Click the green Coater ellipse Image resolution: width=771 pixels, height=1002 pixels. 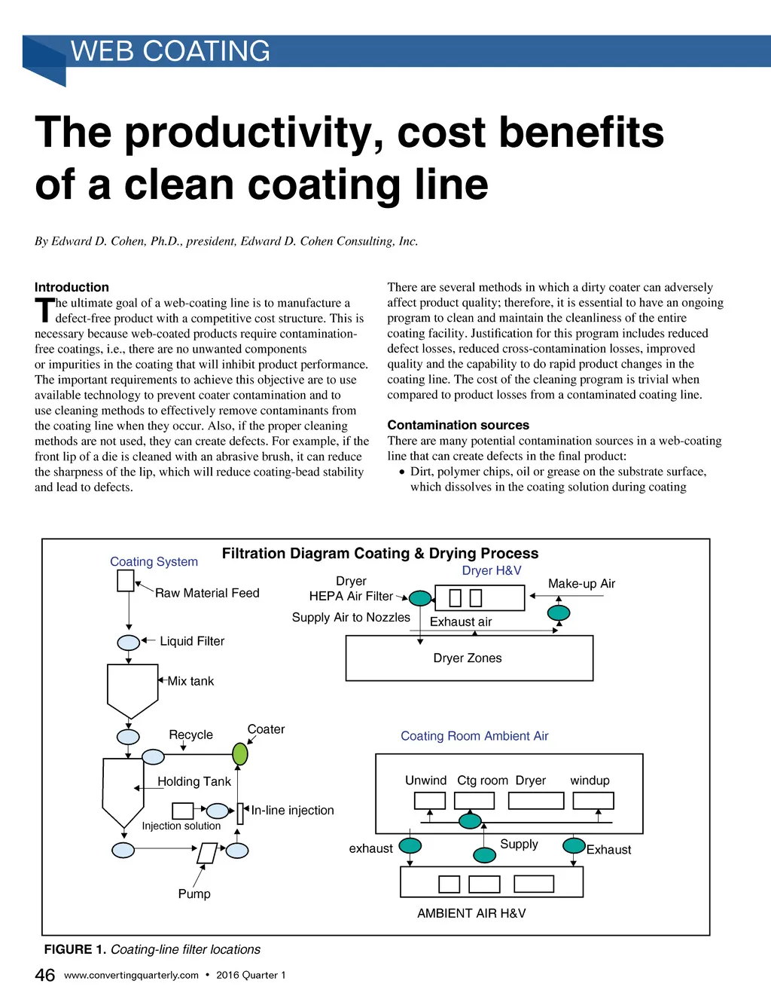point(240,754)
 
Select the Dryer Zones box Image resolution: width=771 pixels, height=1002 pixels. point(469,658)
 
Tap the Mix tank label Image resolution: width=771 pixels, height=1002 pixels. point(190,681)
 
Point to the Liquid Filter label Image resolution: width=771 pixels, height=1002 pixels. point(192,641)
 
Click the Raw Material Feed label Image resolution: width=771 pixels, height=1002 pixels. point(207,593)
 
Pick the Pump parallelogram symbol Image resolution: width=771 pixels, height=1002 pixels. point(207,853)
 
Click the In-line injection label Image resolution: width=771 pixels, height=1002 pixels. point(292,811)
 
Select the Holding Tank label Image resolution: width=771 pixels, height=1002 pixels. point(194,782)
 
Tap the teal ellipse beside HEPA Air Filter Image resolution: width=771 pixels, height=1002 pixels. point(420,598)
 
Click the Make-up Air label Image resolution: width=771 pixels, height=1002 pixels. point(581,584)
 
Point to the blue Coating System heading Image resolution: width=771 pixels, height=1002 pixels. point(154,562)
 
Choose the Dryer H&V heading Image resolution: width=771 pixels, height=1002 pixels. point(491,571)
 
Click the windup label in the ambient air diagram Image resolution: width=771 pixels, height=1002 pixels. point(590,781)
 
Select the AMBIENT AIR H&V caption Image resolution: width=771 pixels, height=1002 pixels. point(471,913)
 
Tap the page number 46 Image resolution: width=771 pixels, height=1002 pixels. point(45,975)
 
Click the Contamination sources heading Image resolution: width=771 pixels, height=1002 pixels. point(458,425)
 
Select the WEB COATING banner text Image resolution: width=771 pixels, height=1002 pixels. point(170,51)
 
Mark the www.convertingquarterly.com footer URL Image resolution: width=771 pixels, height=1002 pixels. point(131,975)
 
